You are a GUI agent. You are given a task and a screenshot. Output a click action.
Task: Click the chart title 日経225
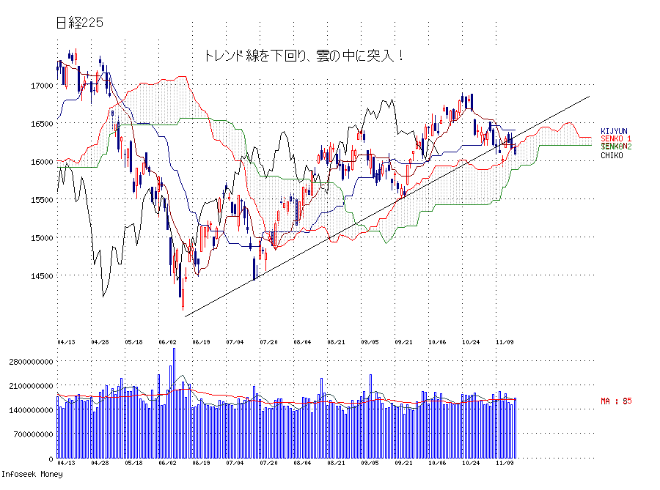tap(80, 23)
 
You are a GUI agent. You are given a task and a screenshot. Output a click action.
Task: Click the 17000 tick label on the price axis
tap(42, 86)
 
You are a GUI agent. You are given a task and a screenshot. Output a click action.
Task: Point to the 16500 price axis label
tap(42, 124)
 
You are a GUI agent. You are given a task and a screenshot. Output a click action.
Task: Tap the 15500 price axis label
tap(42, 200)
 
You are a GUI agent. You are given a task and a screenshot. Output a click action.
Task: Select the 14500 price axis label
tap(42, 276)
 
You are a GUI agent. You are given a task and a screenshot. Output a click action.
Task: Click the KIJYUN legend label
tap(615, 131)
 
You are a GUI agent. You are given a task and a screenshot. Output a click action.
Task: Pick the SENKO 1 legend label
tap(616, 139)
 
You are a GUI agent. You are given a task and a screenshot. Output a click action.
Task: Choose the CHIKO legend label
tap(612, 155)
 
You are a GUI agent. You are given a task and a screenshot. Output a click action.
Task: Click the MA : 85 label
tap(616, 401)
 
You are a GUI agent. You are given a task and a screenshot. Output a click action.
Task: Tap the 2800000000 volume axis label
tap(27, 362)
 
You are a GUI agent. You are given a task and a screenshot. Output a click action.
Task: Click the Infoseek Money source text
tap(32, 475)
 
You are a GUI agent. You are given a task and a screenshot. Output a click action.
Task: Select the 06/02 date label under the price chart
tap(168, 342)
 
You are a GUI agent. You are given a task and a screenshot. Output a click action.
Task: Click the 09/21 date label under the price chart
tap(403, 342)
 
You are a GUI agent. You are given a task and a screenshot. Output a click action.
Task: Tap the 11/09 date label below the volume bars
tap(505, 464)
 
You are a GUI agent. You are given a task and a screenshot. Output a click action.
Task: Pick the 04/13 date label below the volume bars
tap(66, 464)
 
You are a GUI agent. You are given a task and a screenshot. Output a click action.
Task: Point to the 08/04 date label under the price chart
tap(302, 342)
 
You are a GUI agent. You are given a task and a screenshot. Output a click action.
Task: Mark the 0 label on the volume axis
tap(51, 459)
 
